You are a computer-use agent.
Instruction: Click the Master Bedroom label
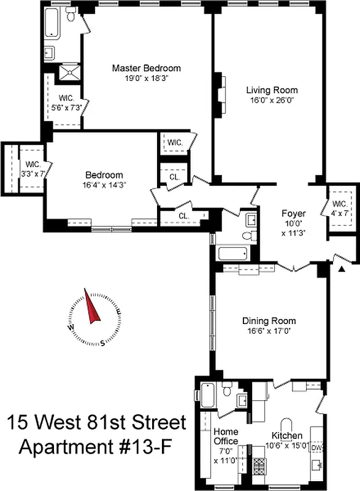(x=146, y=68)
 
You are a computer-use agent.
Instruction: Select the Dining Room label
(x=269, y=321)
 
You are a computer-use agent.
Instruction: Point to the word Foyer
(x=293, y=214)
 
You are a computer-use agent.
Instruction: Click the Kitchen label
(x=287, y=436)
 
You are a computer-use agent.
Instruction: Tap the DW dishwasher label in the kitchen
(x=316, y=449)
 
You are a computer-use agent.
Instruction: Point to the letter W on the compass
(x=72, y=327)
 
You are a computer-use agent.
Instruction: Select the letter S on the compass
(x=103, y=342)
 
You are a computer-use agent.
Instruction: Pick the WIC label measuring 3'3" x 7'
(x=33, y=169)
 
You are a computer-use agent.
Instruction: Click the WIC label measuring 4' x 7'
(x=339, y=208)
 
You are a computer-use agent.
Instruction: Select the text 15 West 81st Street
(x=96, y=423)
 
